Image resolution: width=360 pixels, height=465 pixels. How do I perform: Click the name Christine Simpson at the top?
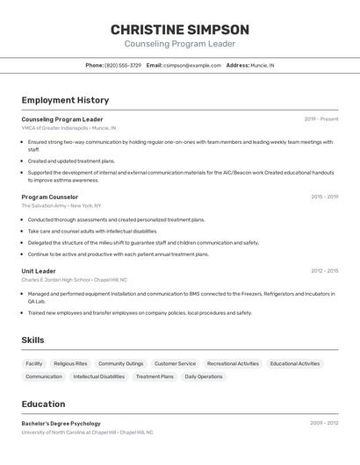tap(180, 29)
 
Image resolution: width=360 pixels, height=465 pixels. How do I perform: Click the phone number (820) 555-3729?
tap(123, 65)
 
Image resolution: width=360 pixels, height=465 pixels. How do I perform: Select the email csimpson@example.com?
tap(192, 65)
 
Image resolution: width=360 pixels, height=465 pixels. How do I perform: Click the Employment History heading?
tap(65, 100)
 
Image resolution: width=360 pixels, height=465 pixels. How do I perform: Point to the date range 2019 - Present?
tap(321, 118)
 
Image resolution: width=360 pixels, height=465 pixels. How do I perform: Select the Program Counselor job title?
tap(50, 197)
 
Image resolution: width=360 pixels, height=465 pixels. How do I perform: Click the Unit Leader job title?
tap(39, 271)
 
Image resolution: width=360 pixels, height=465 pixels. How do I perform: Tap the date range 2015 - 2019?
tap(324, 197)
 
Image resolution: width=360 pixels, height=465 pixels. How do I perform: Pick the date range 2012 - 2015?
tap(324, 271)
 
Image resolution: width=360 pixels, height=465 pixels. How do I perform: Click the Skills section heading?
tap(33, 340)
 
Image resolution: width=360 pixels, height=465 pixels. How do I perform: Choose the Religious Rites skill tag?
tap(70, 363)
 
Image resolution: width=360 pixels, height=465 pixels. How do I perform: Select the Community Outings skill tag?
tap(120, 363)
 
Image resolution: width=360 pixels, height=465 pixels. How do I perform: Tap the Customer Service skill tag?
tap(175, 363)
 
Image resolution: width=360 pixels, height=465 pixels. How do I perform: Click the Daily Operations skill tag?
tap(204, 376)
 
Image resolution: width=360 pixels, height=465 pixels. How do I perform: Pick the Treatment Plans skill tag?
tap(155, 376)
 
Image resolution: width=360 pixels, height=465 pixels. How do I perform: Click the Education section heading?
tap(43, 404)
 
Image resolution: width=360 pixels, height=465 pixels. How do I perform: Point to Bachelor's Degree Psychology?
tap(61, 424)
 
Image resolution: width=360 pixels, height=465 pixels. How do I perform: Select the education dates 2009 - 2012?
tap(324, 423)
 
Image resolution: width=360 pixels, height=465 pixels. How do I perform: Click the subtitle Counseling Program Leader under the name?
tap(180, 44)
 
